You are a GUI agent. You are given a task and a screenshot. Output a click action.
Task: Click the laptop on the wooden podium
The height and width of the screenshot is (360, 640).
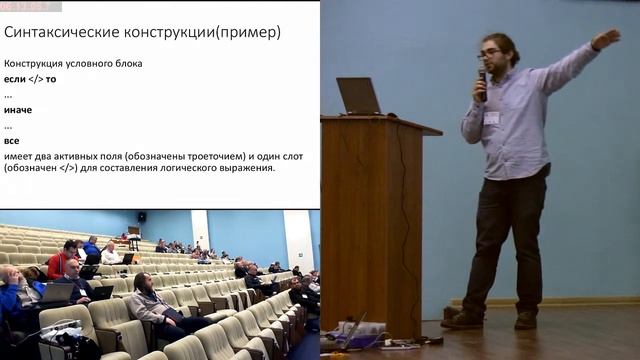[x=358, y=96]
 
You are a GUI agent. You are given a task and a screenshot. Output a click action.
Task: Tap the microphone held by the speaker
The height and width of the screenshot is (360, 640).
[x=482, y=80]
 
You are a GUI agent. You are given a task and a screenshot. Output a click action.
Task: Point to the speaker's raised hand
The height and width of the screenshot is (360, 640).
[x=606, y=38]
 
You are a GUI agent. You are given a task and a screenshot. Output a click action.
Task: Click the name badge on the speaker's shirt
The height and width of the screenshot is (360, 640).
[x=492, y=117]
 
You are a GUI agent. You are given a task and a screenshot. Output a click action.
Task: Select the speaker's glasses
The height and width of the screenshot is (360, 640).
[x=489, y=53]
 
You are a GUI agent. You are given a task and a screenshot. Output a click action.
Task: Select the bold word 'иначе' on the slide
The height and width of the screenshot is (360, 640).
[x=18, y=109]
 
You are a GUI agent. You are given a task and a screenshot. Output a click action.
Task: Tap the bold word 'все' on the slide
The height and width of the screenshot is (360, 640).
[x=12, y=140]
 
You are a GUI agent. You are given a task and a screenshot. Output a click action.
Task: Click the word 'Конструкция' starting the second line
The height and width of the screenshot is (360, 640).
[x=33, y=63]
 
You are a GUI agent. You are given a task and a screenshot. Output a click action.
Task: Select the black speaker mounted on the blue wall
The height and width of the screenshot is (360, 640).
[x=141, y=217]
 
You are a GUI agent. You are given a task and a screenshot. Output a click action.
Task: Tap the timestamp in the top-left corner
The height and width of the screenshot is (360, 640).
[x=30, y=5]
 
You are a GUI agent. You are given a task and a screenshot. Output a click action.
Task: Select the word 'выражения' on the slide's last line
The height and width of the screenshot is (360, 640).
[x=244, y=168]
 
